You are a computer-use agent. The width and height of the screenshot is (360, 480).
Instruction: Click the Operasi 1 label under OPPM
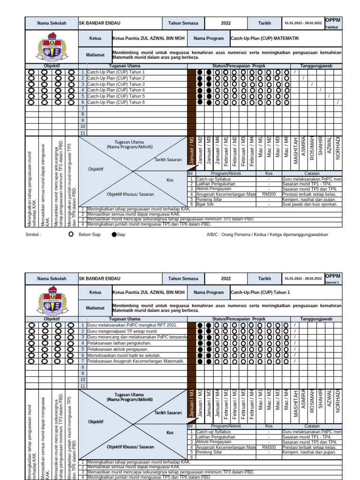(x=332, y=283)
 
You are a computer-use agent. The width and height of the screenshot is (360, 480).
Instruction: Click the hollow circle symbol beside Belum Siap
(x=71, y=234)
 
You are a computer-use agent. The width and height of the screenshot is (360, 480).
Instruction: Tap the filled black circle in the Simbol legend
(x=114, y=234)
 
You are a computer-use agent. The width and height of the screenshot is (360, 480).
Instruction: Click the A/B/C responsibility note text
(x=267, y=234)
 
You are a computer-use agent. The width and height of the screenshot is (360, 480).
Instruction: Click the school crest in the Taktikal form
(x=51, y=46)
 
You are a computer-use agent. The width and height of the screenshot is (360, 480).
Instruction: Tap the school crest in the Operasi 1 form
(x=51, y=301)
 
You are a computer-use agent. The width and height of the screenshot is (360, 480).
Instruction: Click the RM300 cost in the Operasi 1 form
(x=269, y=447)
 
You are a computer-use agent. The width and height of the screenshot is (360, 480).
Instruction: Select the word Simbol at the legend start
(x=33, y=234)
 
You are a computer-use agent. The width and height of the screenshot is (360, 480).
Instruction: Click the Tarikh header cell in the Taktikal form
(x=264, y=22)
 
